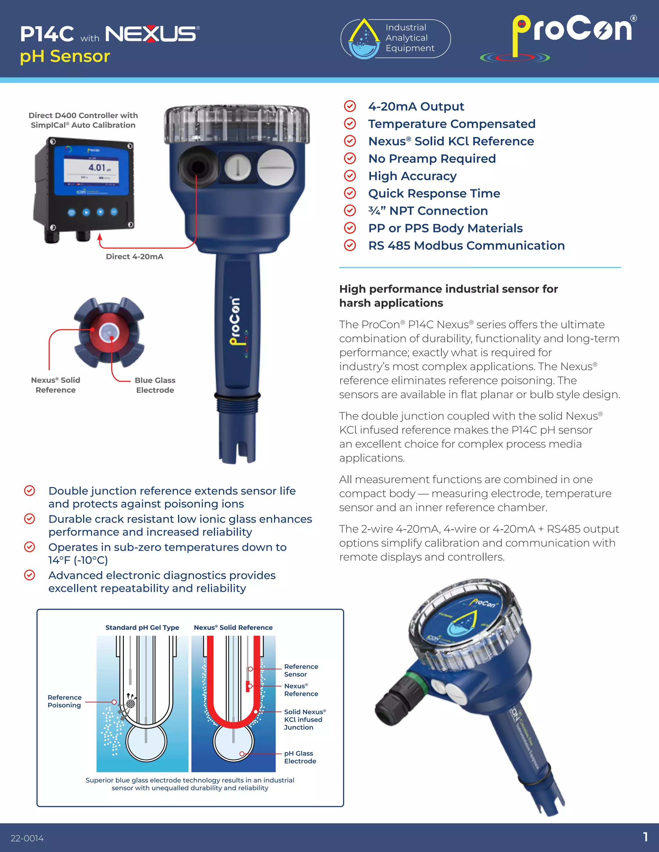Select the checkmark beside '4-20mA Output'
tap(350, 106)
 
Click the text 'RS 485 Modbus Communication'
tap(466, 245)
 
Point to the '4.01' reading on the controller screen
tap(97, 168)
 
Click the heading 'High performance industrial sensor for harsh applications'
tap(448, 296)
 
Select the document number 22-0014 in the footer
tap(27, 838)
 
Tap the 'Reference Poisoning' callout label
tap(64, 701)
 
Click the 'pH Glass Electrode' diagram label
tap(300, 757)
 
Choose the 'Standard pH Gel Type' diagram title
tap(142, 627)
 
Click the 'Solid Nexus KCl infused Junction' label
tap(304, 719)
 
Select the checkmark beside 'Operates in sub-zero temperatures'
tap(30, 547)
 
